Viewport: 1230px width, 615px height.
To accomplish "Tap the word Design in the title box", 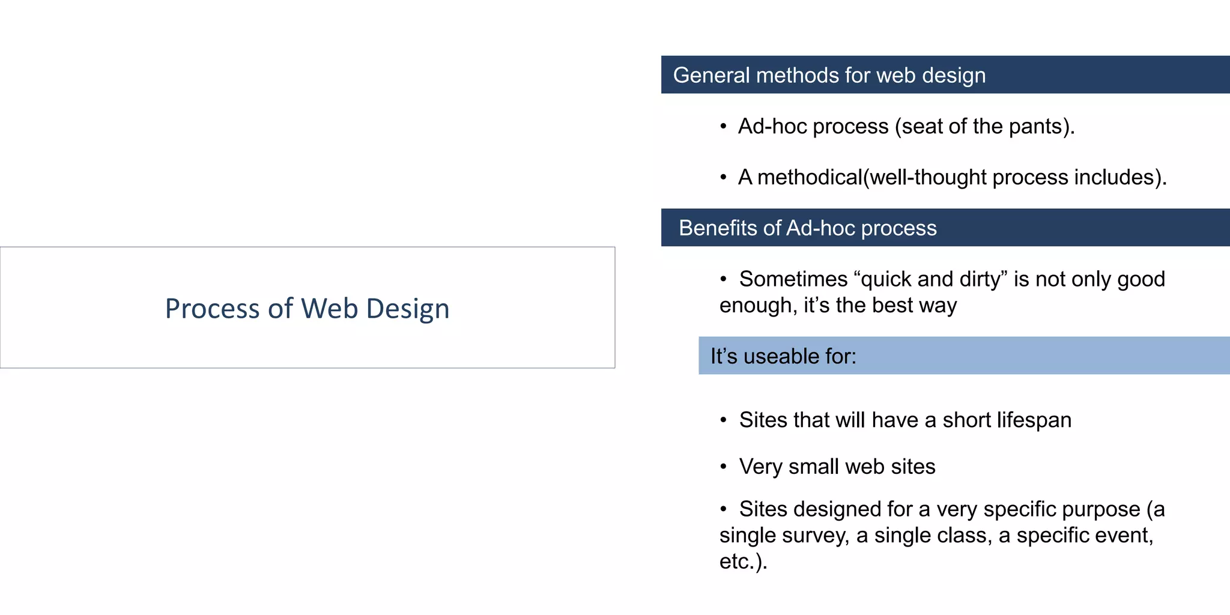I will click(408, 309).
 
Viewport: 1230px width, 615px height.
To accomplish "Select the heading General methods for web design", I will click(829, 76).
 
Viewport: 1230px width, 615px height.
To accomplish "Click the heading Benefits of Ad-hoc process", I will click(807, 228).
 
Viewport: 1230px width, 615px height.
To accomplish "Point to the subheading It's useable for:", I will click(783, 356).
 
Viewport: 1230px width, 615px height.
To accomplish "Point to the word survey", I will click(814, 535).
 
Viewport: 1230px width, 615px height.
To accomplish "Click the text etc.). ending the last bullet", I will click(743, 562).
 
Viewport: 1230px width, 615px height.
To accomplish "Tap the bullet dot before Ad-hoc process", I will click(724, 127).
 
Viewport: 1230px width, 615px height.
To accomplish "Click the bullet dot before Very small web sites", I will click(724, 467).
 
